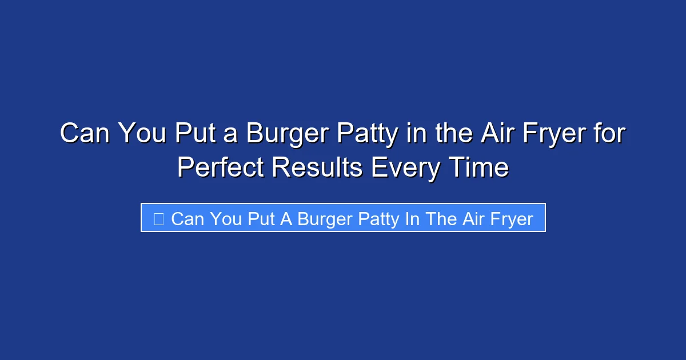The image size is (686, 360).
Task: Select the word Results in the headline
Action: (x=317, y=168)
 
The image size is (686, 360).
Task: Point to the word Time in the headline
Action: (x=481, y=168)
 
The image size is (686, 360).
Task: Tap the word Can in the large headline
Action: (x=86, y=134)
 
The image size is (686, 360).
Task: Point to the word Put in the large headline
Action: (x=191, y=134)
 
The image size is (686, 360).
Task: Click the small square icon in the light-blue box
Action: (x=159, y=218)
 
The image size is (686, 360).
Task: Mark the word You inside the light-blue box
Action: (x=226, y=218)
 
